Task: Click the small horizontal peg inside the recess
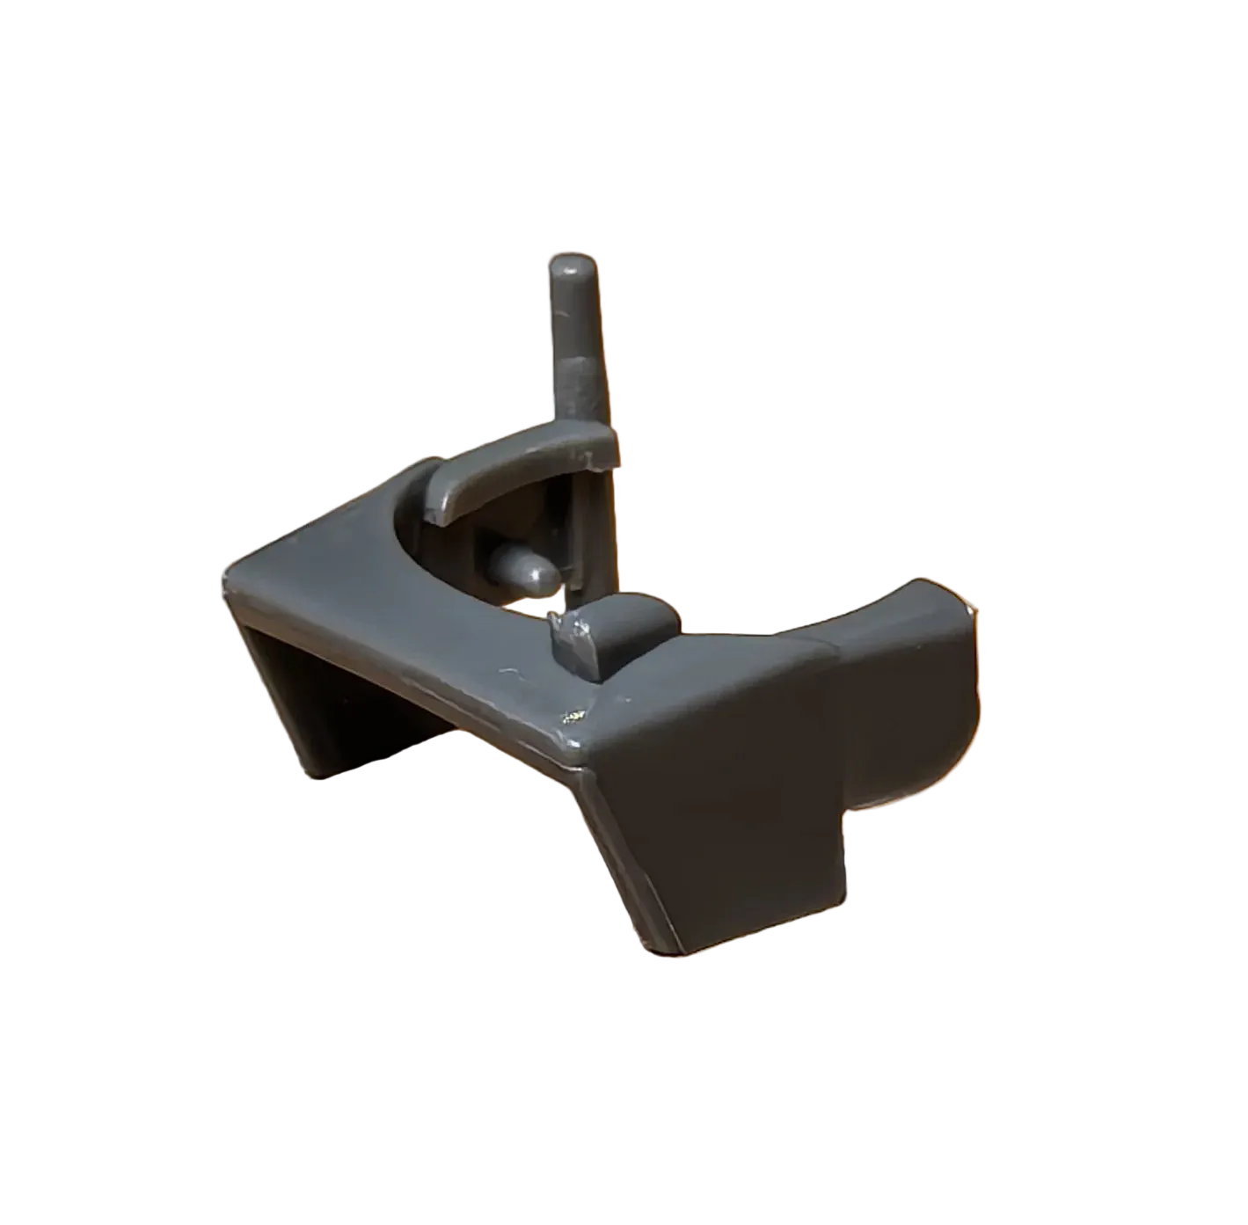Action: point(523,568)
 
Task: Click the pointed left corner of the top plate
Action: point(230,577)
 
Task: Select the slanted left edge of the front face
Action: point(624,853)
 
